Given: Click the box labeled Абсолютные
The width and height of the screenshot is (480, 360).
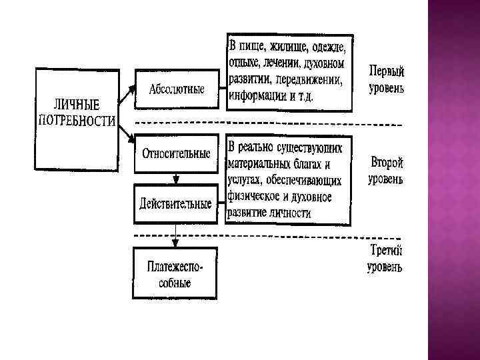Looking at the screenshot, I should (x=176, y=89).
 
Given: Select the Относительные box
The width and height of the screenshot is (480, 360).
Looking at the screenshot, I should (x=176, y=154).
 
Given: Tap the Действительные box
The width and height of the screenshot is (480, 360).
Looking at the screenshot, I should (x=176, y=203).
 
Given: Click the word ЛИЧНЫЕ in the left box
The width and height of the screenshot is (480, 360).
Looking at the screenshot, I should (x=77, y=105).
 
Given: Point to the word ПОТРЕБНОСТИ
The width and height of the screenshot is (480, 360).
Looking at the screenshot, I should (x=77, y=121).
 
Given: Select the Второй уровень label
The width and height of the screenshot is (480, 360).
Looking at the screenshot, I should (x=386, y=171).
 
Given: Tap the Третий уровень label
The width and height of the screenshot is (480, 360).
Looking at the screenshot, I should (x=386, y=259).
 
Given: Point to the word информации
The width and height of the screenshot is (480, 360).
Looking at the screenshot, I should (x=256, y=96).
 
